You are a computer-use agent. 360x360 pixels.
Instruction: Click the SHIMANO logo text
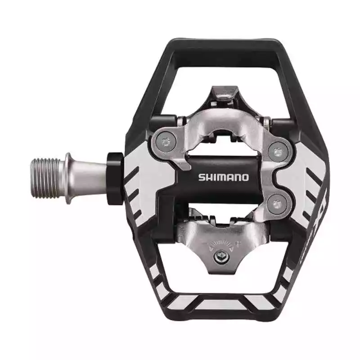pos(223,177)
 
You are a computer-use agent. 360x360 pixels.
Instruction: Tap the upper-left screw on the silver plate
pos(166,143)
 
